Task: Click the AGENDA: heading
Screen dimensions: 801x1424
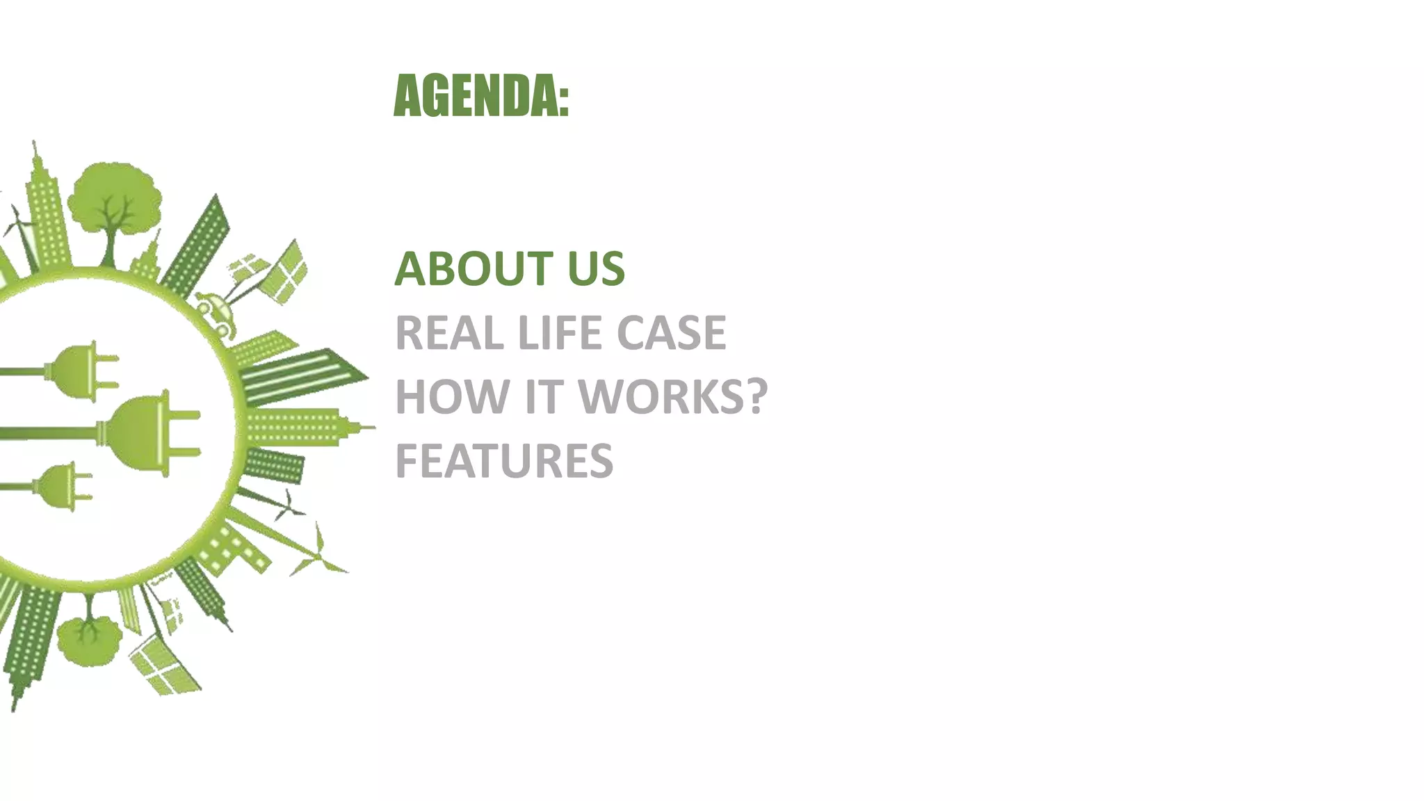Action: (480, 96)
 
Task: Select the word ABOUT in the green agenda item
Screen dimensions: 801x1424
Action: (474, 269)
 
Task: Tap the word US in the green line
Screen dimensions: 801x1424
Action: (596, 269)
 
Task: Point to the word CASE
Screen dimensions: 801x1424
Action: (671, 333)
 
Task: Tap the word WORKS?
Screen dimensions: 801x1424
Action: (672, 397)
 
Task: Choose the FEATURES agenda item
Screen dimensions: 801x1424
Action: (504, 461)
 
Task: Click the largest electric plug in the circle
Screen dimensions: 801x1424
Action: (149, 432)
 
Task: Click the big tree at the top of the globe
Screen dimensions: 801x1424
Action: (115, 202)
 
